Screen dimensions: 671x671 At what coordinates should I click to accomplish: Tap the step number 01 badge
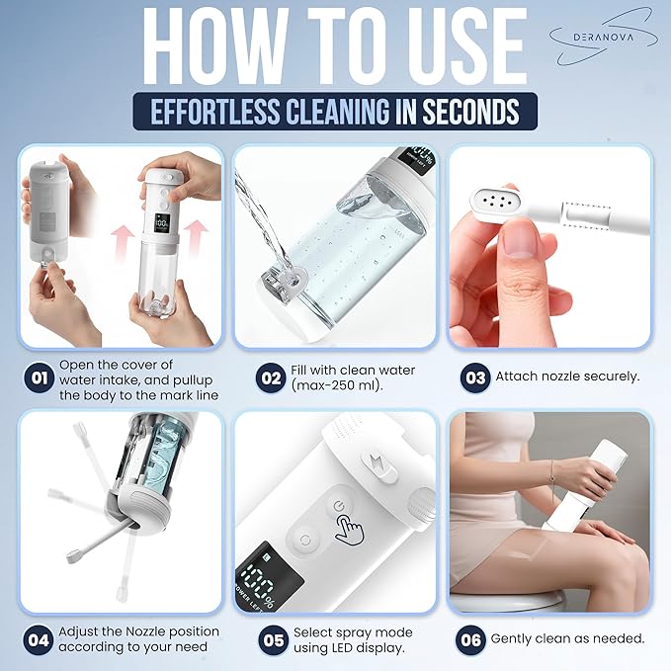37,378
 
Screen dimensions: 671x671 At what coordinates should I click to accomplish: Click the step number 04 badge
37,638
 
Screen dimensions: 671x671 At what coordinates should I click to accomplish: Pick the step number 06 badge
471,639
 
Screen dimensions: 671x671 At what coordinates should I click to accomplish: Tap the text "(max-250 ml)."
332,386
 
